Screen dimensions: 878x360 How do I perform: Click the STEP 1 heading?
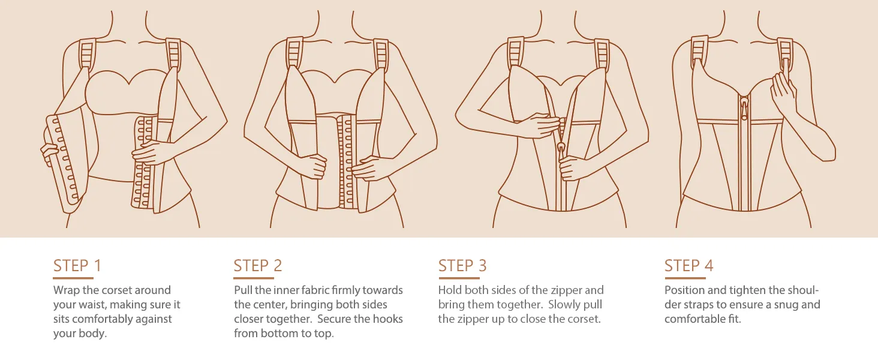pos(77,265)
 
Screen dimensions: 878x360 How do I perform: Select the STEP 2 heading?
pos(258,265)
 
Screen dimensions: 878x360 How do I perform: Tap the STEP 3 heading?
pos(462,265)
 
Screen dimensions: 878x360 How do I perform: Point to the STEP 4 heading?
pos(688,265)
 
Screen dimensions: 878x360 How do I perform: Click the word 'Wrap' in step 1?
pos(66,290)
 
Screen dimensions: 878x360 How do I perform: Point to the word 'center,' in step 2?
pos(269,305)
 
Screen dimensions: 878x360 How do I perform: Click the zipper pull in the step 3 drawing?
pos(562,149)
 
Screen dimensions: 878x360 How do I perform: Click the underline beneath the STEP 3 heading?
pos(459,278)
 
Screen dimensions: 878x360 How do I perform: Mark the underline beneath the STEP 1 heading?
pos(73,278)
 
